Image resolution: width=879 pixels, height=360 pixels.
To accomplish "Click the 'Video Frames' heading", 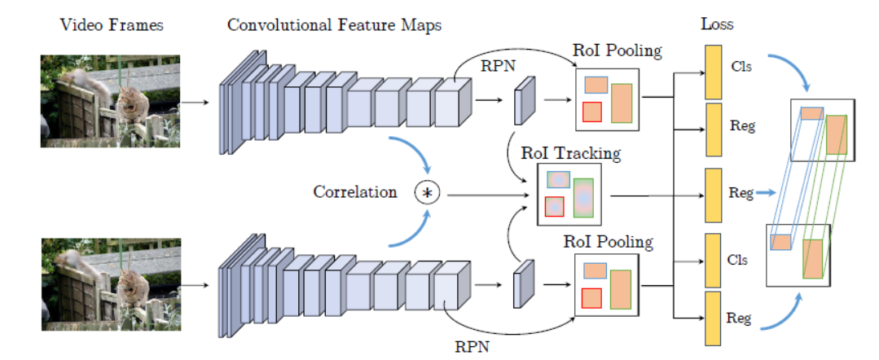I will click(x=112, y=24).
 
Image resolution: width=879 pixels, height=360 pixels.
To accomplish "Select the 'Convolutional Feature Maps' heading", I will click(x=334, y=24).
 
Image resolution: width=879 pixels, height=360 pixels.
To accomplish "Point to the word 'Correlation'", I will click(x=355, y=193).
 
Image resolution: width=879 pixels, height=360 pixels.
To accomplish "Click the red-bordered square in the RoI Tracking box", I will click(x=555, y=207).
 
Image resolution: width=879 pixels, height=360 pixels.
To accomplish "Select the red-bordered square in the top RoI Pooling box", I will click(x=592, y=112).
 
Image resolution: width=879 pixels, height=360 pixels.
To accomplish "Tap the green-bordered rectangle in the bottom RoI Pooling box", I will click(x=621, y=288).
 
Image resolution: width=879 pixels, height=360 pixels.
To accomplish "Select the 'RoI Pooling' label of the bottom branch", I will click(x=608, y=242).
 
